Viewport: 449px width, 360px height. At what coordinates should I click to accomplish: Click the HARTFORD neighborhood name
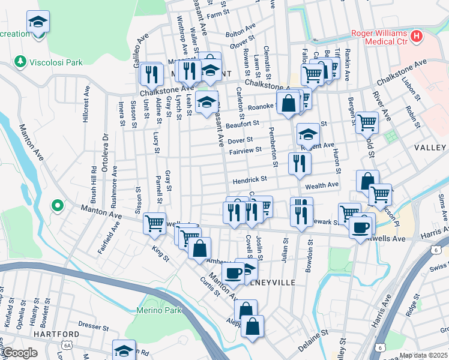[x=56, y=334]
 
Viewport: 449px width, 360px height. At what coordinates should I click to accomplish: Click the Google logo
[x=19, y=353]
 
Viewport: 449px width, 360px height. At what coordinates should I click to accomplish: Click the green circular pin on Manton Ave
[x=58, y=206]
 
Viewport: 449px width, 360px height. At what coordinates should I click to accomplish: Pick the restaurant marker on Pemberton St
[x=299, y=163]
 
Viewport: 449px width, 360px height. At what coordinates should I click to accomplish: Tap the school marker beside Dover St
[x=308, y=134]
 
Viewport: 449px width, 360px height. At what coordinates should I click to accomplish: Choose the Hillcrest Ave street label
[x=86, y=105]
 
